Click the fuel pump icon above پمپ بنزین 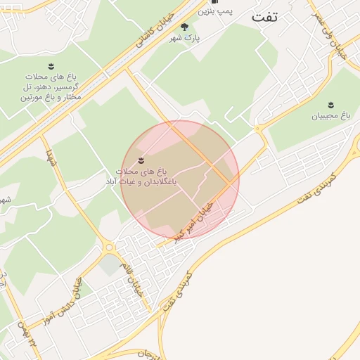(214, 1)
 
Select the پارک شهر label (184, 38)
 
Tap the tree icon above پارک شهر (184, 27)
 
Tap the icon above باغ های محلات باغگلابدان (141, 161)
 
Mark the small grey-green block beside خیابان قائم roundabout (110, 265)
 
